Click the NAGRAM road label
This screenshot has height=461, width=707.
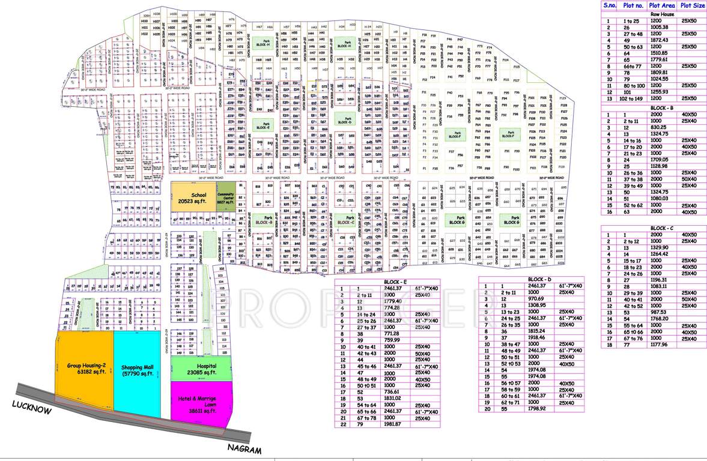(x=244, y=449)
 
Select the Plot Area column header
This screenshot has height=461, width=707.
(x=662, y=6)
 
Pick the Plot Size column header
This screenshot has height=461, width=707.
(x=693, y=6)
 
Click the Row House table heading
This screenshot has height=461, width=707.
(x=661, y=14)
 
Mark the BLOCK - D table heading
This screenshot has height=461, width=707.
(x=539, y=280)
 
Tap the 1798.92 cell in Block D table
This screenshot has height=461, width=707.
(x=536, y=409)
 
